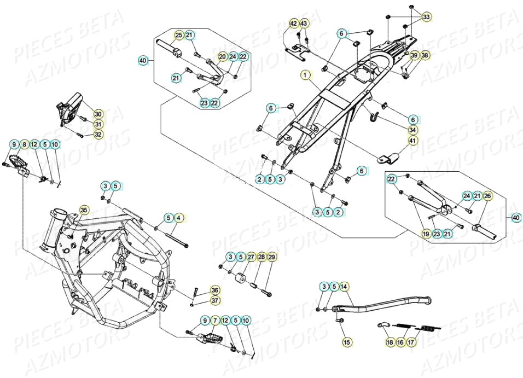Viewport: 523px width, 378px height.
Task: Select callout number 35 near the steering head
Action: point(84,210)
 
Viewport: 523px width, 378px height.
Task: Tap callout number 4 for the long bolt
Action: point(178,218)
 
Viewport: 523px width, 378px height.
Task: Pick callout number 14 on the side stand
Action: point(344,287)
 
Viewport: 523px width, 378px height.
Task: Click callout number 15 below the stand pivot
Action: point(346,342)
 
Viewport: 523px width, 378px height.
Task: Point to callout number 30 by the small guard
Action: point(98,114)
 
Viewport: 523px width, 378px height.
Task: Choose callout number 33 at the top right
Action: point(426,18)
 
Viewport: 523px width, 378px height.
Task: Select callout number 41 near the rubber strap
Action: point(413,141)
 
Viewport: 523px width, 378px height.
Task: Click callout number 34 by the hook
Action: point(413,130)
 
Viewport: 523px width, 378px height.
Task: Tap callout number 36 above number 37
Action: point(214,290)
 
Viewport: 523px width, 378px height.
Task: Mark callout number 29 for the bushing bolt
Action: point(272,257)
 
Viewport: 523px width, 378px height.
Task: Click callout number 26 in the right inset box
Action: point(487,196)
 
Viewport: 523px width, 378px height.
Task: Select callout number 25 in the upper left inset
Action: point(178,35)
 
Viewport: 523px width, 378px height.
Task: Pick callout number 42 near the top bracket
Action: point(293,23)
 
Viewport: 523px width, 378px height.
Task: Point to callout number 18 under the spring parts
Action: point(390,342)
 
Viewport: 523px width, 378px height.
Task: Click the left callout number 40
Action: point(143,60)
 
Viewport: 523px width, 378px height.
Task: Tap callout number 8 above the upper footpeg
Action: point(24,144)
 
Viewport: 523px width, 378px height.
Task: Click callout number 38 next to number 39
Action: point(425,55)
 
